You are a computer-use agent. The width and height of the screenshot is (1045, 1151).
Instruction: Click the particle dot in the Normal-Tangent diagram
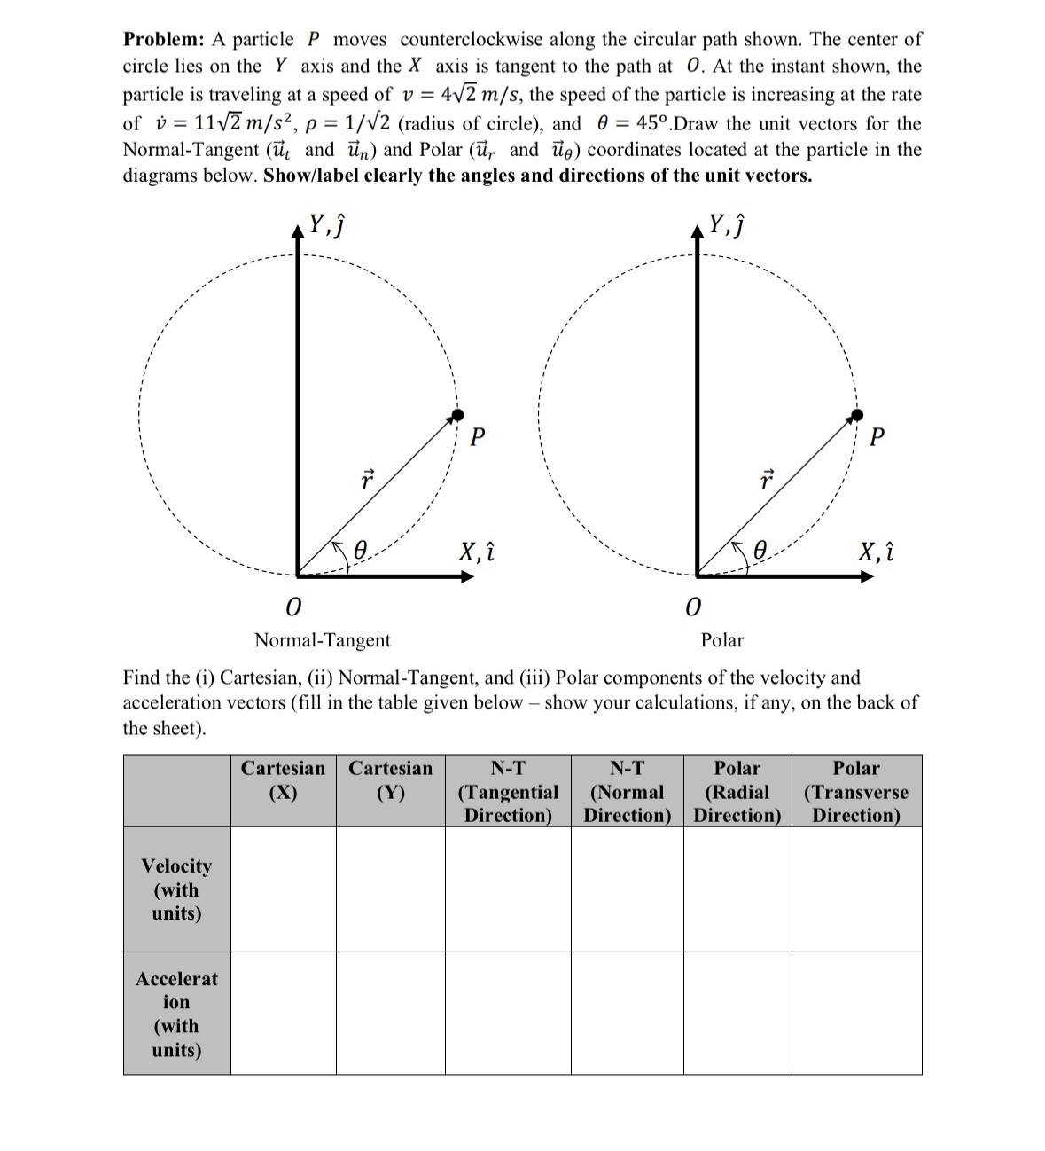click(457, 415)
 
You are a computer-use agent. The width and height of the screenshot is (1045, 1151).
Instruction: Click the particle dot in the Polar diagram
click(856, 415)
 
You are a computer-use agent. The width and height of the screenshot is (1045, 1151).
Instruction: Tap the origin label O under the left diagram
click(292, 607)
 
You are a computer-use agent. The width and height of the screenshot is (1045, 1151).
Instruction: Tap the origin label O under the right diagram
click(693, 607)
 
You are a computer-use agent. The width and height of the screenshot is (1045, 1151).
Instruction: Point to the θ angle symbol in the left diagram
click(360, 550)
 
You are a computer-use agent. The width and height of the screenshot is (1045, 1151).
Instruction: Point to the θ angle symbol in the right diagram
click(760, 550)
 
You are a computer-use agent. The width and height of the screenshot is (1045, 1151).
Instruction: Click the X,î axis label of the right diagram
click(876, 552)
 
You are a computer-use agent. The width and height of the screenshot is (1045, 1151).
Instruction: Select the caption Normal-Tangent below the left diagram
click(322, 640)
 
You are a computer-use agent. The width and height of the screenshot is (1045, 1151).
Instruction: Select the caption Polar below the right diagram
click(721, 640)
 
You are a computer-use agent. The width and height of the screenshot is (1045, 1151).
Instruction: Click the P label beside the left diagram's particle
click(478, 437)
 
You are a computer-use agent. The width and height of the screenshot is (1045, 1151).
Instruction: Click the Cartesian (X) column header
click(283, 780)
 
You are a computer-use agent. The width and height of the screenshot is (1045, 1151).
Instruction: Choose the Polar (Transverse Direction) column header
click(855, 791)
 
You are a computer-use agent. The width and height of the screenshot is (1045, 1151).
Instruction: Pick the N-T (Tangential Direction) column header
click(508, 791)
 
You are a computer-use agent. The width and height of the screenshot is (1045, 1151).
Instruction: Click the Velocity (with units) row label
click(176, 889)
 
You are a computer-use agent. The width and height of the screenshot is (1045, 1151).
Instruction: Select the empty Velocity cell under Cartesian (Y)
click(390, 889)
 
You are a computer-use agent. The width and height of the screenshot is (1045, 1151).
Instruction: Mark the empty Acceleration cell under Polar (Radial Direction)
click(737, 1013)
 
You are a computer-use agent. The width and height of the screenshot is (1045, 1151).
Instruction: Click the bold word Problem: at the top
click(163, 40)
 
